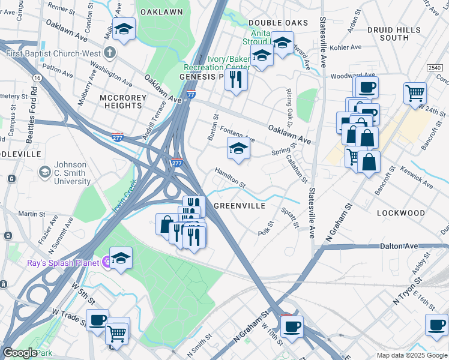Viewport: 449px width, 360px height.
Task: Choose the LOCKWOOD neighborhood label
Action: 400,213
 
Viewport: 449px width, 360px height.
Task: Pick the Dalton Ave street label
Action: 399,246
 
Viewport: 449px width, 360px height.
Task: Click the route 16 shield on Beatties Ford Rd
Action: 37,78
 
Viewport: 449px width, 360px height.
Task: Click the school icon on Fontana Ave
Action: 238,148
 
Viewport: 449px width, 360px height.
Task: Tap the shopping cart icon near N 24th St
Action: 415,94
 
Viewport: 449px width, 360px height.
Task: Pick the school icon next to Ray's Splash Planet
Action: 121,258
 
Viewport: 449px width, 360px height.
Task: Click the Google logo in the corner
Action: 20,353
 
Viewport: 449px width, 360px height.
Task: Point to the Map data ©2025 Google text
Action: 411,355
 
